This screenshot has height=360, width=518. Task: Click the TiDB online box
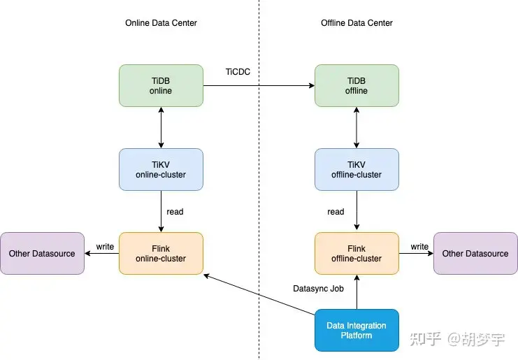pos(161,85)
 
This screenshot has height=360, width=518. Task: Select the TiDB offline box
pos(357,85)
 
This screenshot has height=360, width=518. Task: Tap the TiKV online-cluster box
pos(161,169)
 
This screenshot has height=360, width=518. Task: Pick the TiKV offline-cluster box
pos(357,169)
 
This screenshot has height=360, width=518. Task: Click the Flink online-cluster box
pos(161,253)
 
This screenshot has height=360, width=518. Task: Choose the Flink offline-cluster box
pos(357,253)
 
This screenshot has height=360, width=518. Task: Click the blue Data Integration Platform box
pos(357,330)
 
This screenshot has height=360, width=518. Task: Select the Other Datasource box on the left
pos(42,253)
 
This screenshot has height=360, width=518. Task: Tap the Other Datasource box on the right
pos(475,253)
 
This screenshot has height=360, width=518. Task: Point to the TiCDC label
pos(238,71)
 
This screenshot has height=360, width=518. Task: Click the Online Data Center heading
pos(161,23)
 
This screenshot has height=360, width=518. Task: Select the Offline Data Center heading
pos(357,23)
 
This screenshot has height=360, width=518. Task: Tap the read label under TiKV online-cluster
pos(175,211)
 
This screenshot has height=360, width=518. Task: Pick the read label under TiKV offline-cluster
pos(336,211)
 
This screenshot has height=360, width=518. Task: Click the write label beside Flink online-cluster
pos(105,246)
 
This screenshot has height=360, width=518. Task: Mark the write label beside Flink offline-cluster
pos(419,246)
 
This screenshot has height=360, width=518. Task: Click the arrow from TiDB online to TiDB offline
pos(259,86)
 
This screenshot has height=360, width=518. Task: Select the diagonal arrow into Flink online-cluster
pos(259,296)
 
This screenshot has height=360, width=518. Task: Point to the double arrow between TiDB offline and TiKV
pos(357,127)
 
